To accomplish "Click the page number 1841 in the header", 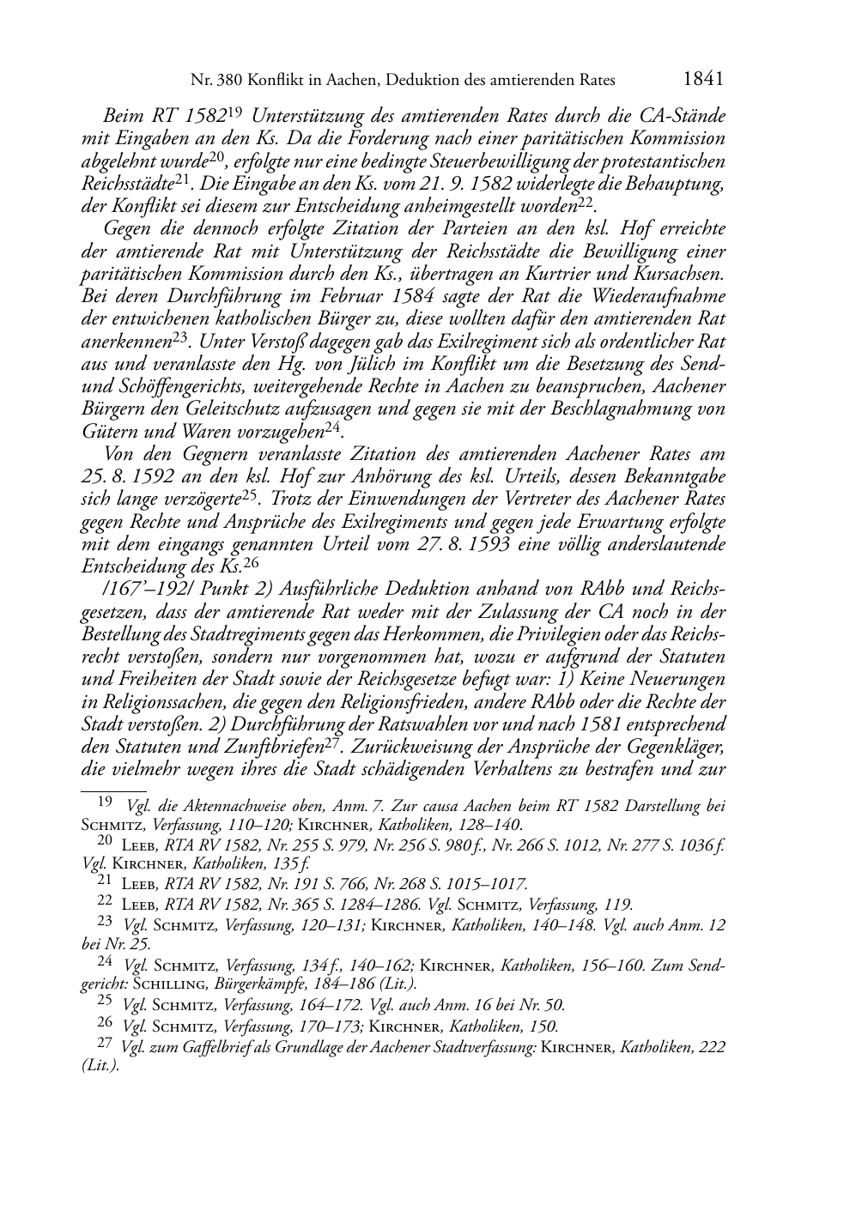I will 703,80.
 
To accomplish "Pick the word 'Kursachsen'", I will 674,274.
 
